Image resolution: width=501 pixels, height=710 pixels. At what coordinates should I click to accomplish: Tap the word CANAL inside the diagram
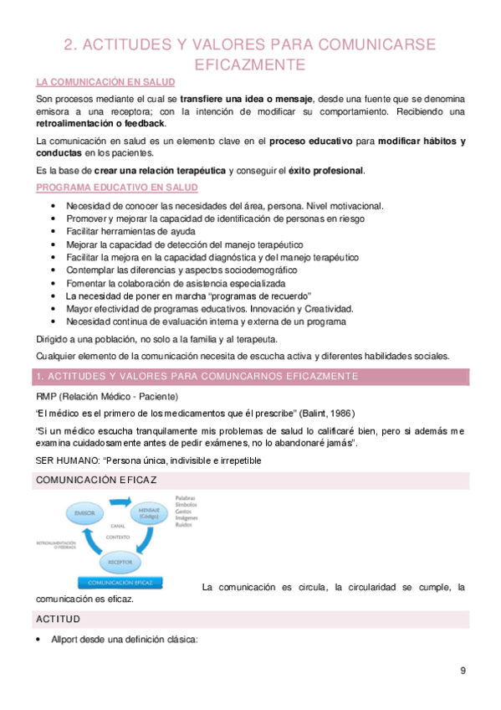click(x=117, y=526)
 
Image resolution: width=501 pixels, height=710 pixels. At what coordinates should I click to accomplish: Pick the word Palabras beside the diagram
click(x=187, y=498)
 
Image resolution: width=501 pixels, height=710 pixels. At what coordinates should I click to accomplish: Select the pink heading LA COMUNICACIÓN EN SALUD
click(x=105, y=82)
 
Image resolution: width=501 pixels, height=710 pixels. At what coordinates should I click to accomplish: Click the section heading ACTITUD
click(x=58, y=619)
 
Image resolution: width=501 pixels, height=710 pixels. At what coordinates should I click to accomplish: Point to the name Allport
click(x=67, y=640)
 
